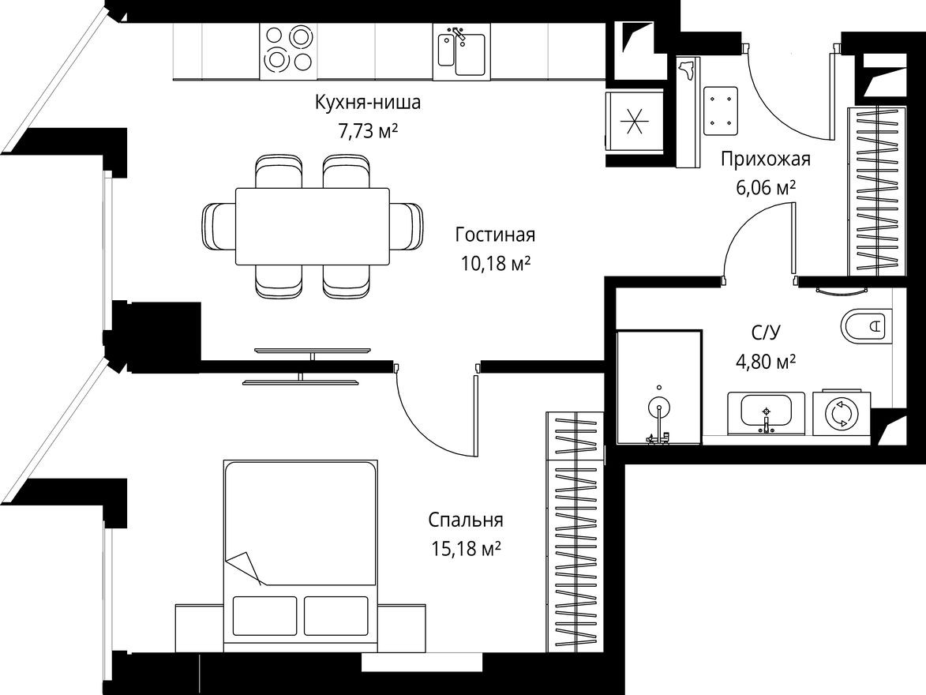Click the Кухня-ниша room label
tap(367, 103)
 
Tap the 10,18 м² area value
tap(495, 264)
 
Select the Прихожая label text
tap(765, 160)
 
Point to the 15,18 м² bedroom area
tap(466, 549)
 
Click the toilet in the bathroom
tap(866, 325)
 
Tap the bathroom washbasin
tap(765, 411)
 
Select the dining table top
tap(312, 227)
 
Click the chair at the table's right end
tap(407, 227)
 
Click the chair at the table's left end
tap(218, 227)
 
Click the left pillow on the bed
tap(265, 614)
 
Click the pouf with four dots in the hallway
tap(720, 108)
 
